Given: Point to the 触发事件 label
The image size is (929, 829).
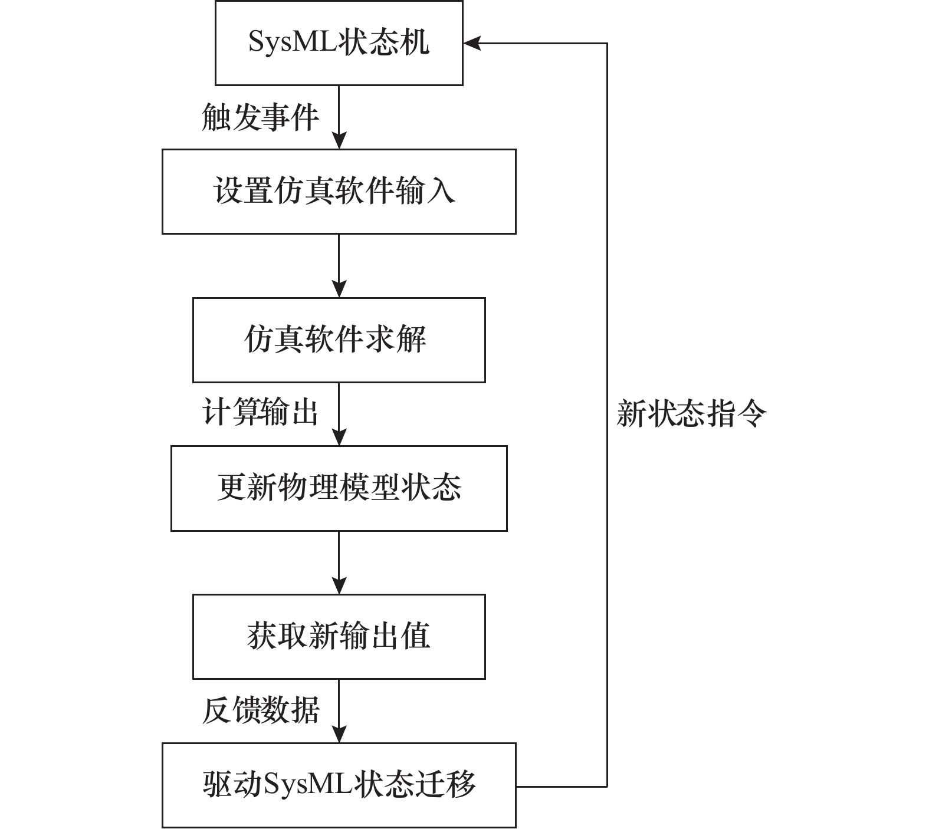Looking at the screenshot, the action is (260, 117).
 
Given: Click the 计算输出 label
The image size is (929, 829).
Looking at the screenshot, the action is (260, 412).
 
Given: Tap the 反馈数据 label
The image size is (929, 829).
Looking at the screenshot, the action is (260, 710).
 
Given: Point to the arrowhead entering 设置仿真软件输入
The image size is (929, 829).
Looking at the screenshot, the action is (339, 140).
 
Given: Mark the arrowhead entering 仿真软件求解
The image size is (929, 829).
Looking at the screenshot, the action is (339, 288).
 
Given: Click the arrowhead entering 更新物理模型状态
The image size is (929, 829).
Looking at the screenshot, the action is (339, 436).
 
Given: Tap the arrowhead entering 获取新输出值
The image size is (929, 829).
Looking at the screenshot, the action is (339, 585).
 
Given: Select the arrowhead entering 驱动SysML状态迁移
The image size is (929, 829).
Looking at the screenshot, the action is (339, 733).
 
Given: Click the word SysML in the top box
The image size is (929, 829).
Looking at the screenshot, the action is (293, 43).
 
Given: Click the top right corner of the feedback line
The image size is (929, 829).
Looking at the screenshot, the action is (607, 43).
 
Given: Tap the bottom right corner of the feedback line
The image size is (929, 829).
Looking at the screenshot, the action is (607, 786).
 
